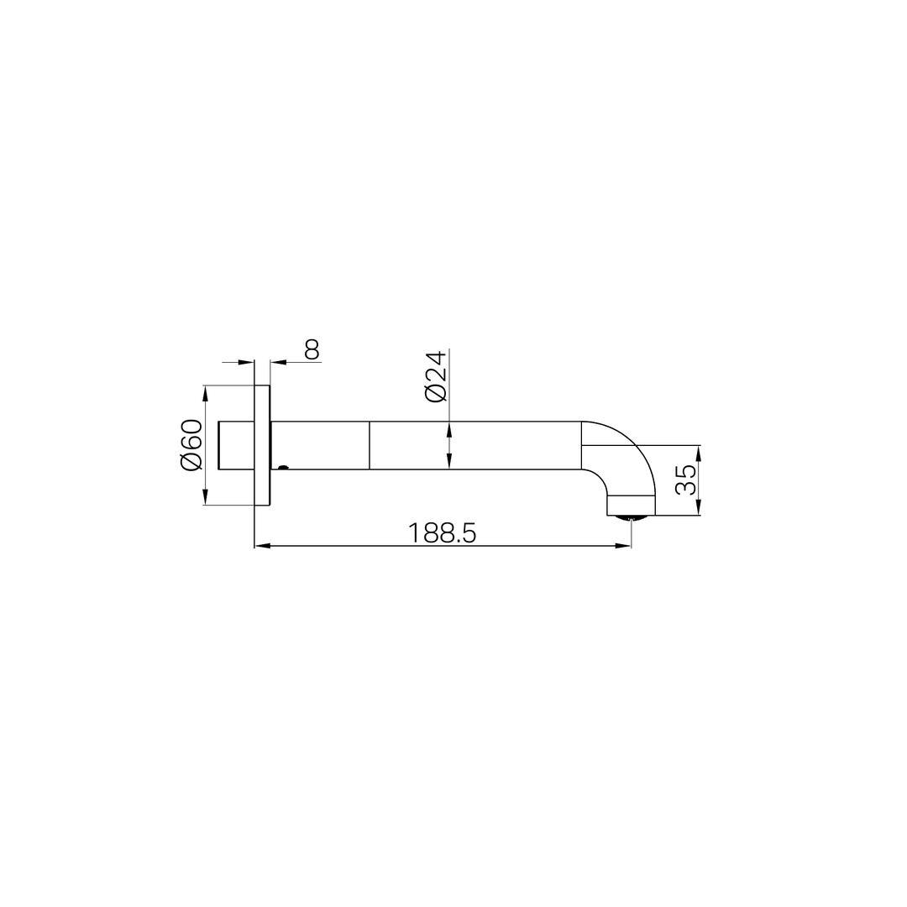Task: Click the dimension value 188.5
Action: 442,532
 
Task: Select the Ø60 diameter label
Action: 191,445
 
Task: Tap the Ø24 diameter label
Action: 435,376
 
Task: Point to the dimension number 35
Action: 686,480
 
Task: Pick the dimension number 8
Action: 311,349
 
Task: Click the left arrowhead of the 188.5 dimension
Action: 262,546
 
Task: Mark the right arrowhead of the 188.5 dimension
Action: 623,546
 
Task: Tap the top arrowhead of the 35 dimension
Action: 699,453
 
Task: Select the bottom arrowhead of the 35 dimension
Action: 699,508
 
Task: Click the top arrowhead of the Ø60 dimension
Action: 206,393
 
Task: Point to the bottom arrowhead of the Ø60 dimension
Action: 206,498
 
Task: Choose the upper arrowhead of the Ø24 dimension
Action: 449,429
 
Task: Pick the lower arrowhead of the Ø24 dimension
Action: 449,461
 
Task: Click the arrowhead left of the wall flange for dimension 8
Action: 246,362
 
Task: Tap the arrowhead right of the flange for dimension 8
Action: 278,362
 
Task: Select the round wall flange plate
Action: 262,445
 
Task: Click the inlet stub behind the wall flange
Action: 236,445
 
